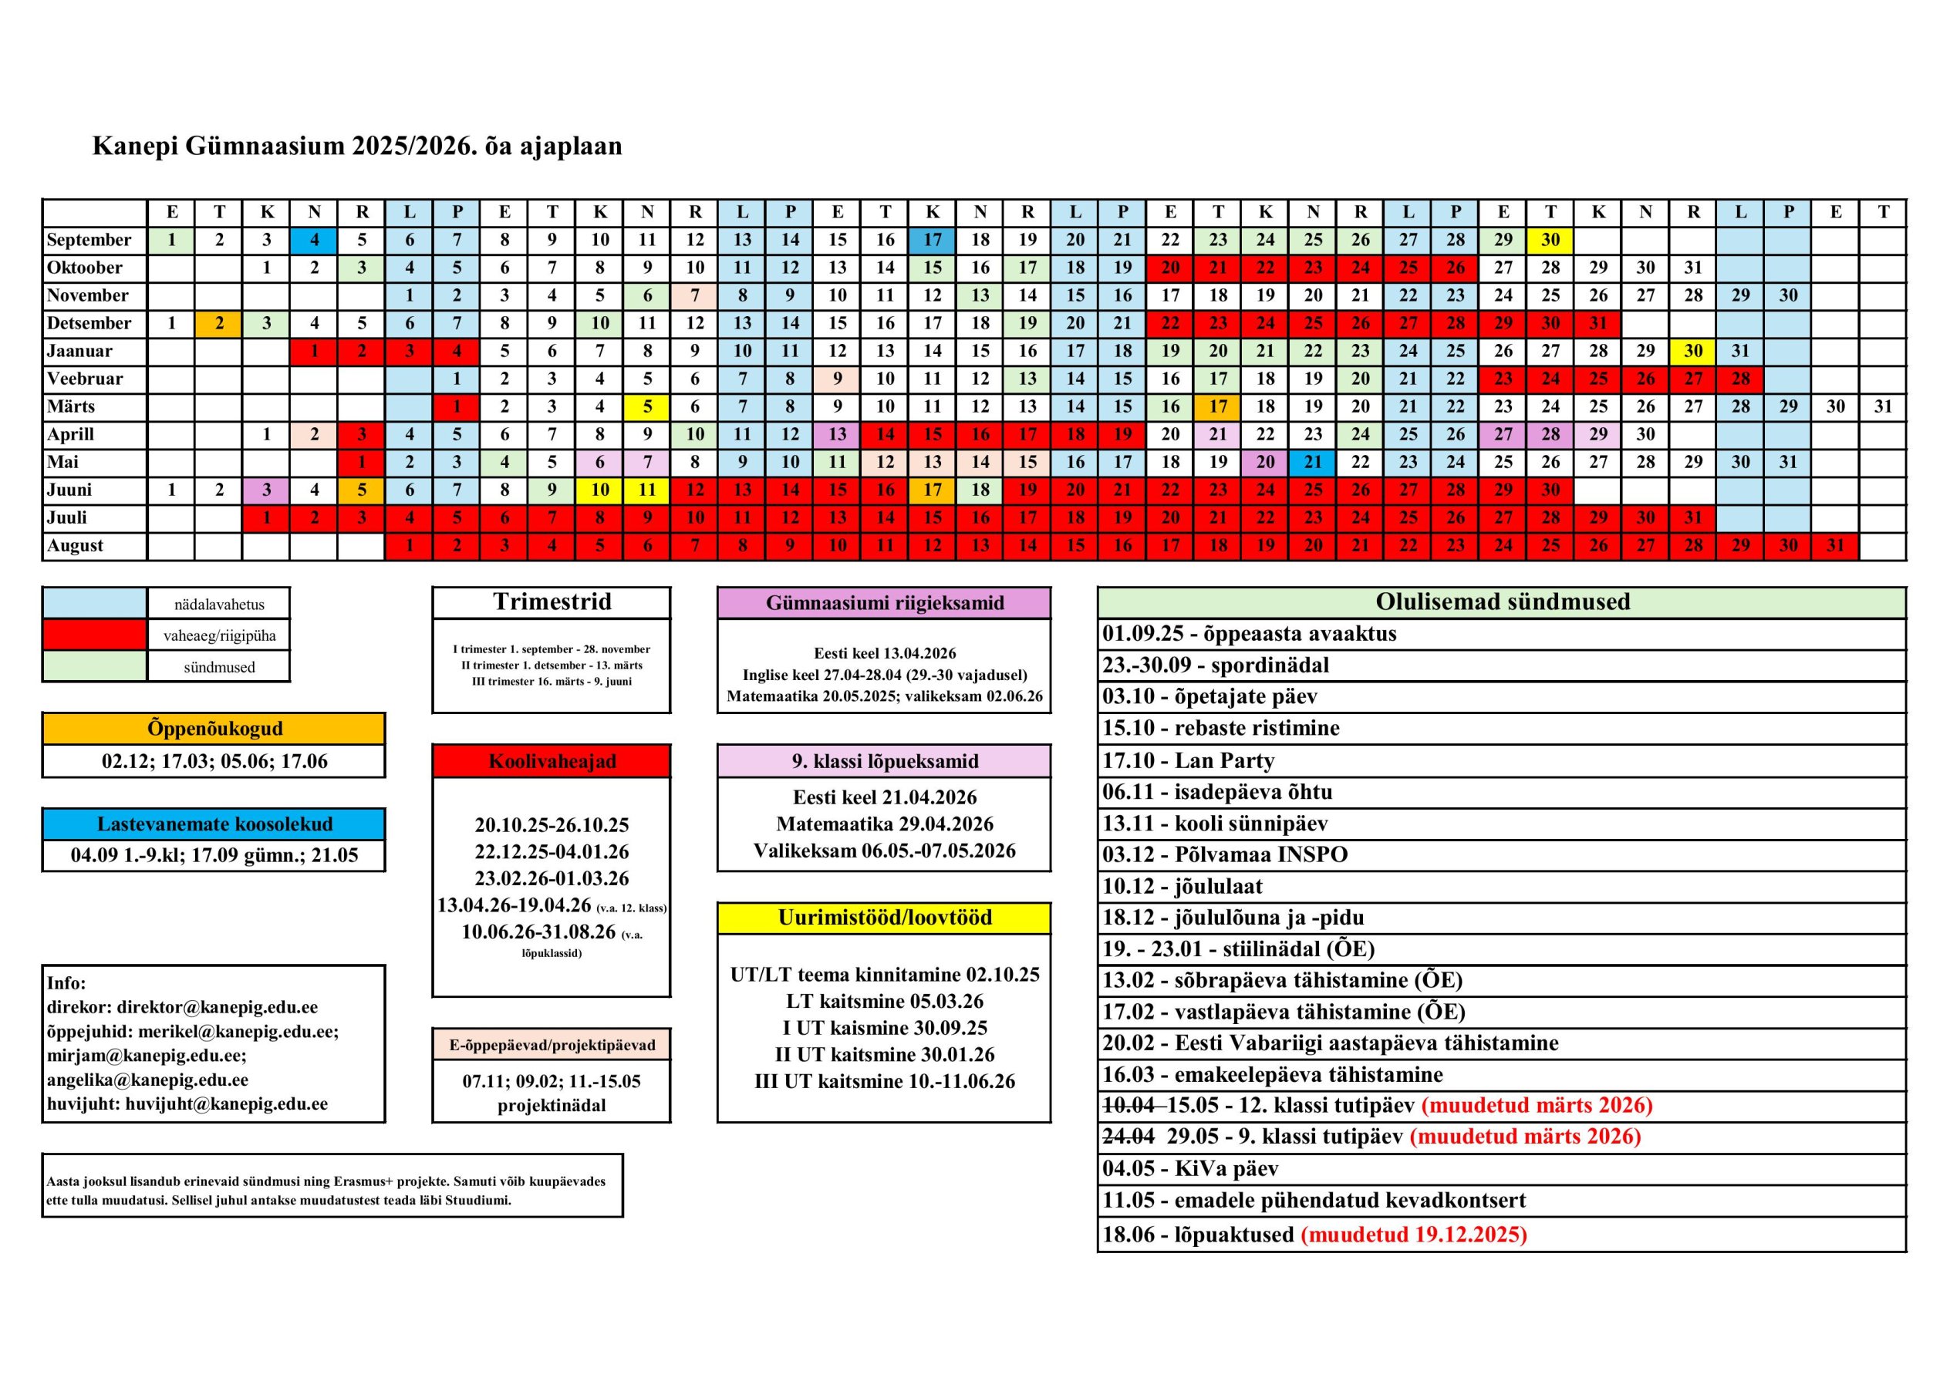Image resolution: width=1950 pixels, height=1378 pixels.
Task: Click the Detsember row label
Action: click(x=89, y=323)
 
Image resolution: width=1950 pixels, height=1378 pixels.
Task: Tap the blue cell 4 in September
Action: click(x=314, y=241)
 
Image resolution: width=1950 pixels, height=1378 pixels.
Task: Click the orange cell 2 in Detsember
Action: click(x=219, y=323)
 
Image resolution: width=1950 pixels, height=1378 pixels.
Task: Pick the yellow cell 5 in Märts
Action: click(x=647, y=406)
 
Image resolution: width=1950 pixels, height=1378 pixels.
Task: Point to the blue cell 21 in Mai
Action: click(x=1313, y=462)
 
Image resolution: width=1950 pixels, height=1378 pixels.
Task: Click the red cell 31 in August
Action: click(x=1835, y=545)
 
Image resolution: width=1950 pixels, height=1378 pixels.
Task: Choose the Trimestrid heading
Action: click(x=552, y=602)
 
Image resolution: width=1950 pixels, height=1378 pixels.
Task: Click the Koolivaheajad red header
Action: click(x=552, y=761)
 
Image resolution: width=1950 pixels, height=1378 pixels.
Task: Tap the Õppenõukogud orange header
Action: click(x=214, y=729)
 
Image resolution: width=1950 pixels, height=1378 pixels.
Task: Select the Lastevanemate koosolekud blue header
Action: click(x=214, y=824)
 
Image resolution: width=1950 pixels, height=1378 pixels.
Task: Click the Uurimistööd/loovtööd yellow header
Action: click(x=884, y=918)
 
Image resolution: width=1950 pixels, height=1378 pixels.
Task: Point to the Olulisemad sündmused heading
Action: click(x=1502, y=602)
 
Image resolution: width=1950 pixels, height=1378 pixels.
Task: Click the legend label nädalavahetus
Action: click(x=219, y=605)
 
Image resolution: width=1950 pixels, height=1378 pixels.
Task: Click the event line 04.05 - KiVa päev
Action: click(x=1189, y=1169)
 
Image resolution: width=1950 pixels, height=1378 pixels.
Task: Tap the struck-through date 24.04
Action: click(x=1128, y=1137)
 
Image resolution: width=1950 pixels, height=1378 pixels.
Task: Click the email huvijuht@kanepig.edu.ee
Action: click(x=226, y=1104)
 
